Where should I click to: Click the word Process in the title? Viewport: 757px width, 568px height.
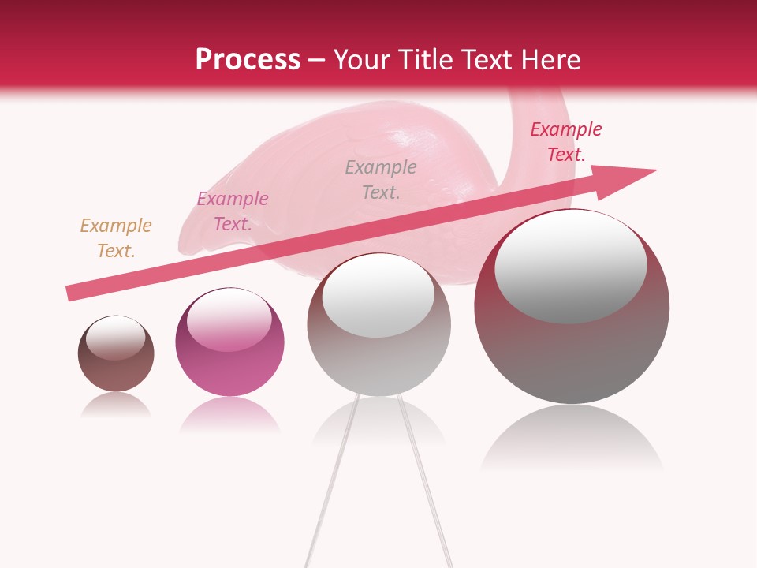[248, 60]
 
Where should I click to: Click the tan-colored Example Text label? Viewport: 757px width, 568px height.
[116, 238]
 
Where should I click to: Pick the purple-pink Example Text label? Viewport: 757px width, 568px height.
[233, 211]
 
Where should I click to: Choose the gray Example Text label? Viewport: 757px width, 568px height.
[381, 179]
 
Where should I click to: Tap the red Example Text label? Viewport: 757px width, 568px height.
[565, 142]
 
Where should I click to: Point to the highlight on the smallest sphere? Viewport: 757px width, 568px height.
[115, 338]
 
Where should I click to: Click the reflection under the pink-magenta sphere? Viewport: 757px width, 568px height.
[229, 415]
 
